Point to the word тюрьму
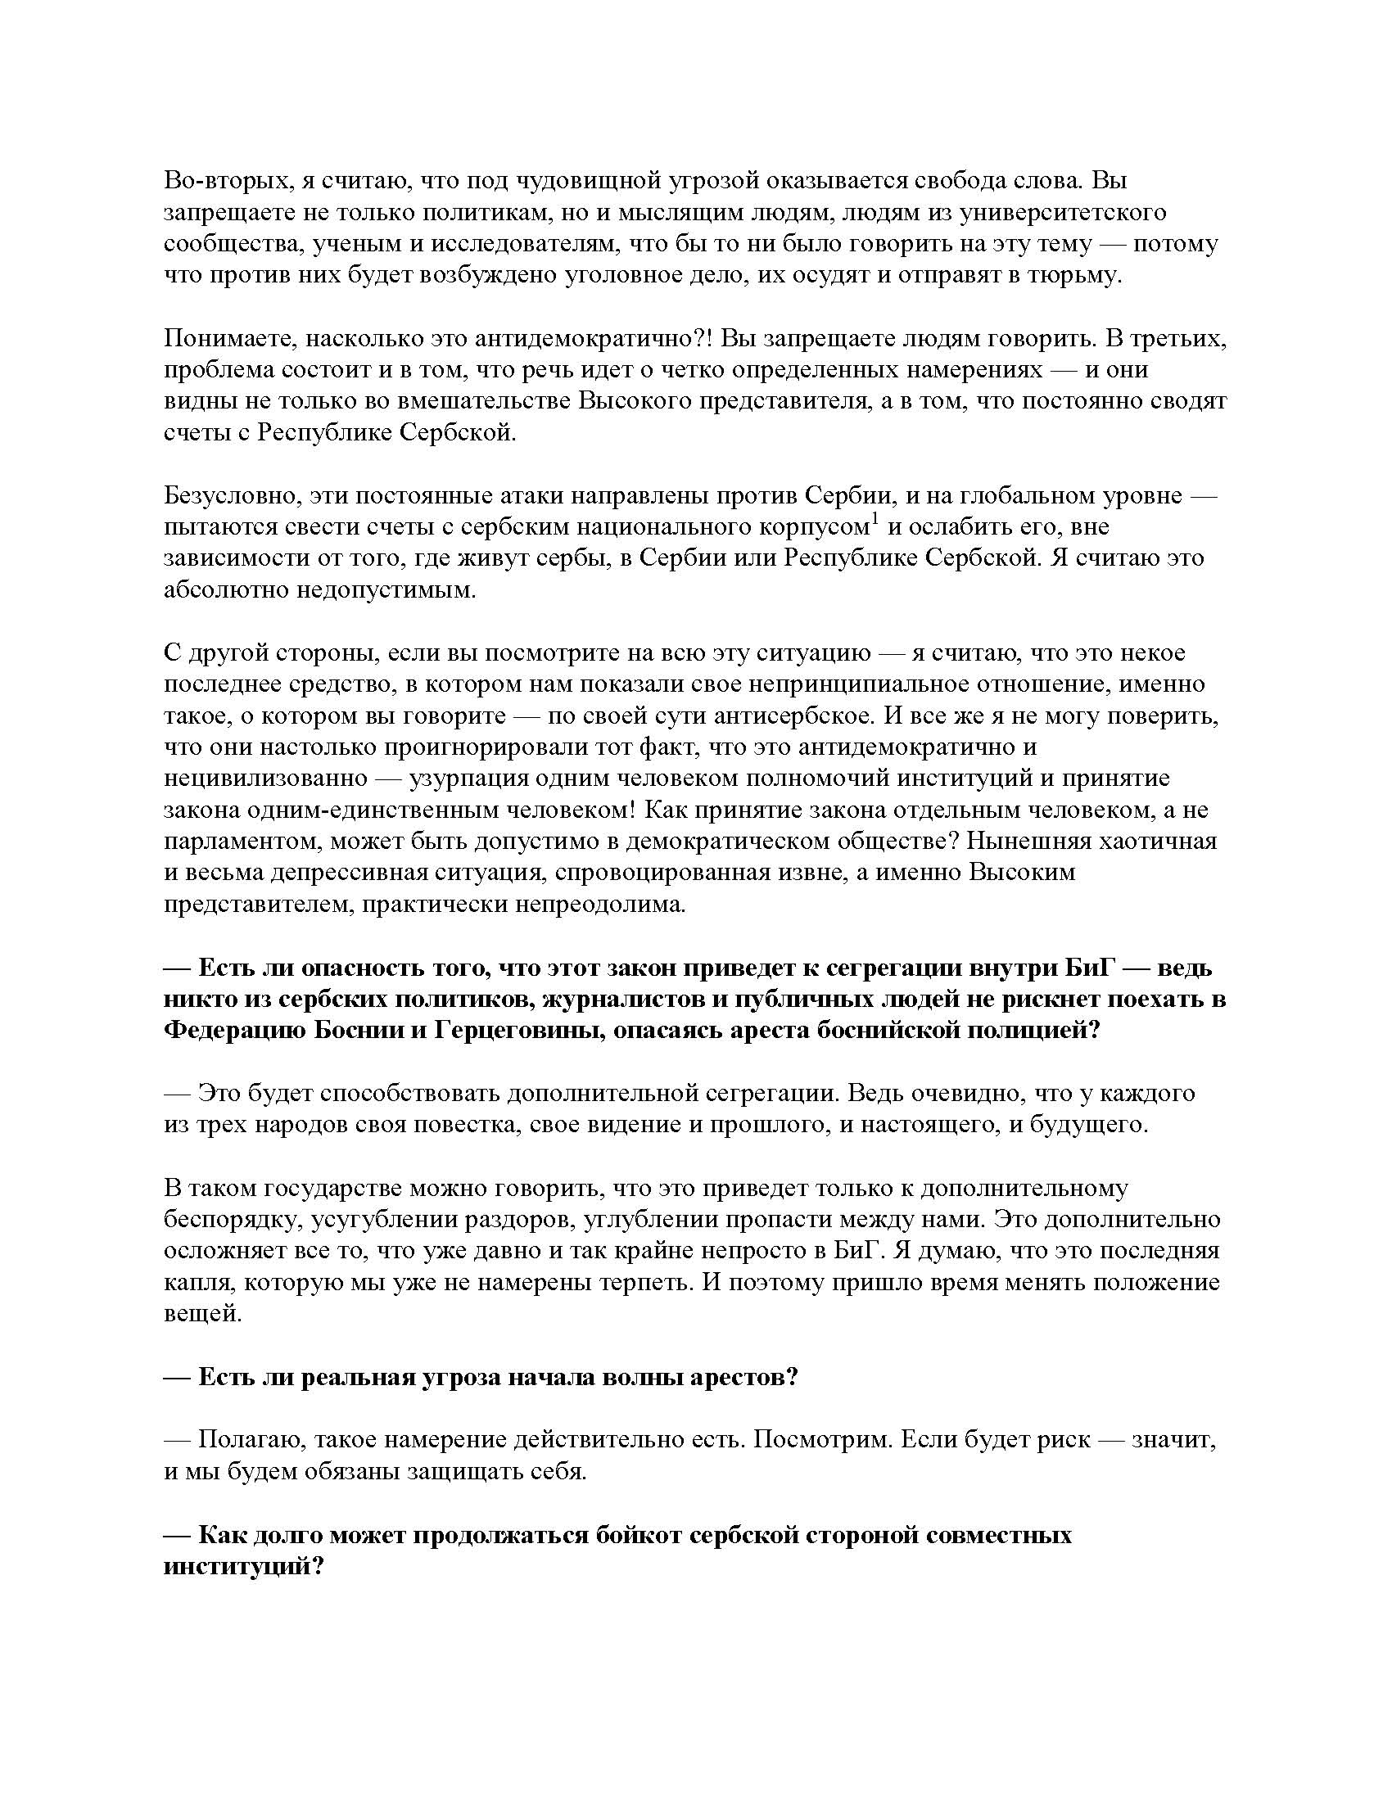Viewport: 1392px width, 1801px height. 1078,275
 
